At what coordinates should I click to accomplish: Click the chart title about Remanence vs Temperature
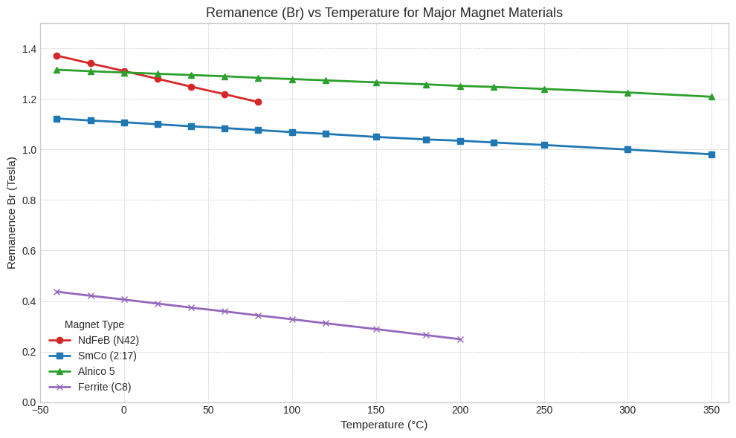(384, 13)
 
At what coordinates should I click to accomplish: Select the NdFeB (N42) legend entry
(108, 340)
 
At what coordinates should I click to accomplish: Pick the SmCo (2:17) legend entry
(107, 356)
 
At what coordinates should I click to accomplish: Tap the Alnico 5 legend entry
(97, 371)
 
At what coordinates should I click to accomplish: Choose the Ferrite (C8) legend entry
(104, 387)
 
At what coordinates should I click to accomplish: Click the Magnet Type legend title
(94, 324)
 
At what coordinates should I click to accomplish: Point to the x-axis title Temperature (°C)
(384, 425)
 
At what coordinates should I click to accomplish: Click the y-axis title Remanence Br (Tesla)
(11, 213)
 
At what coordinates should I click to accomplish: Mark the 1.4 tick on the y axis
(29, 49)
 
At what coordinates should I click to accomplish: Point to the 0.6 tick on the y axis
(29, 251)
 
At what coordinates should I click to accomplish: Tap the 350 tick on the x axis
(711, 410)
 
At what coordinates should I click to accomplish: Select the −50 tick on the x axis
(40, 410)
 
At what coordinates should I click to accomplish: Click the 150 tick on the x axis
(376, 410)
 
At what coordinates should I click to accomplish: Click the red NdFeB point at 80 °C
(258, 102)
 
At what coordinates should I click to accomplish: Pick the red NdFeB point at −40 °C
(57, 56)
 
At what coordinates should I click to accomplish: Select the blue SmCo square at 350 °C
(711, 154)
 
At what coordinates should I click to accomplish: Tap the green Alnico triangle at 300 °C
(627, 93)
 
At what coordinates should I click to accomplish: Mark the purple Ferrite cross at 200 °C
(460, 339)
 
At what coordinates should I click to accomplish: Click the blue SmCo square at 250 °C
(544, 145)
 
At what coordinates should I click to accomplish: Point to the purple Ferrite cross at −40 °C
(57, 292)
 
